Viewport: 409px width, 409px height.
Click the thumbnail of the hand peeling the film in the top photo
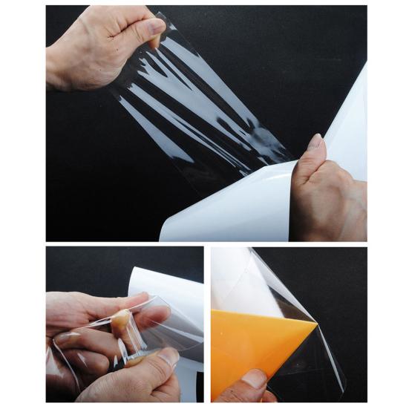154,27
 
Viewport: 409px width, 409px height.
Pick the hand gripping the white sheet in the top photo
327,193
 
